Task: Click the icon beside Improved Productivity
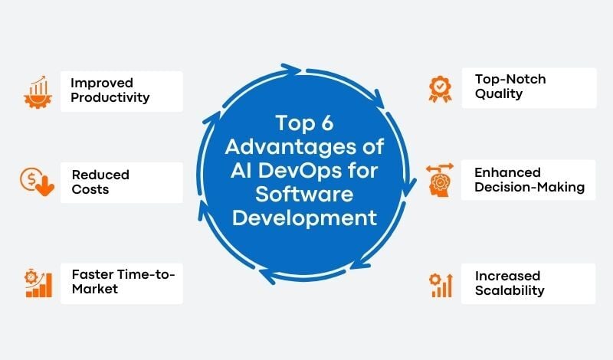pyautogui.click(x=36, y=91)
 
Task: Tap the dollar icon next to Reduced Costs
pyautogui.click(x=36, y=182)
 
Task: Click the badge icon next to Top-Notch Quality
pyautogui.click(x=439, y=87)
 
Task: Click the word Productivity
pyautogui.click(x=110, y=98)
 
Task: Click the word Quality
pyautogui.click(x=498, y=94)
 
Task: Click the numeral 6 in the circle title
pyautogui.click(x=338, y=123)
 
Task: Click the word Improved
pyautogui.click(x=101, y=83)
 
